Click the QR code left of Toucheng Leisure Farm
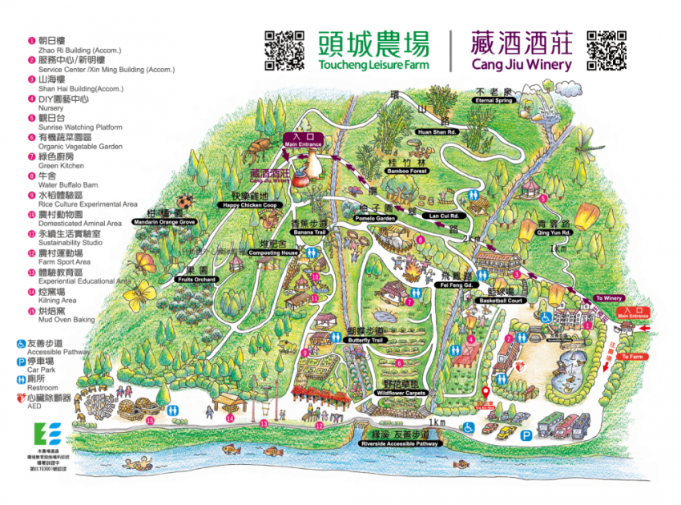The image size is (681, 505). [284, 50]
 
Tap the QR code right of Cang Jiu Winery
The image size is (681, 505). [606, 50]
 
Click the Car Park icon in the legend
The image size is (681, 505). [22, 361]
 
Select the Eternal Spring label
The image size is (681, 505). [494, 100]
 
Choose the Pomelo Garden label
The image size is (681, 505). [375, 218]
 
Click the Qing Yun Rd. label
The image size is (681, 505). [553, 232]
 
